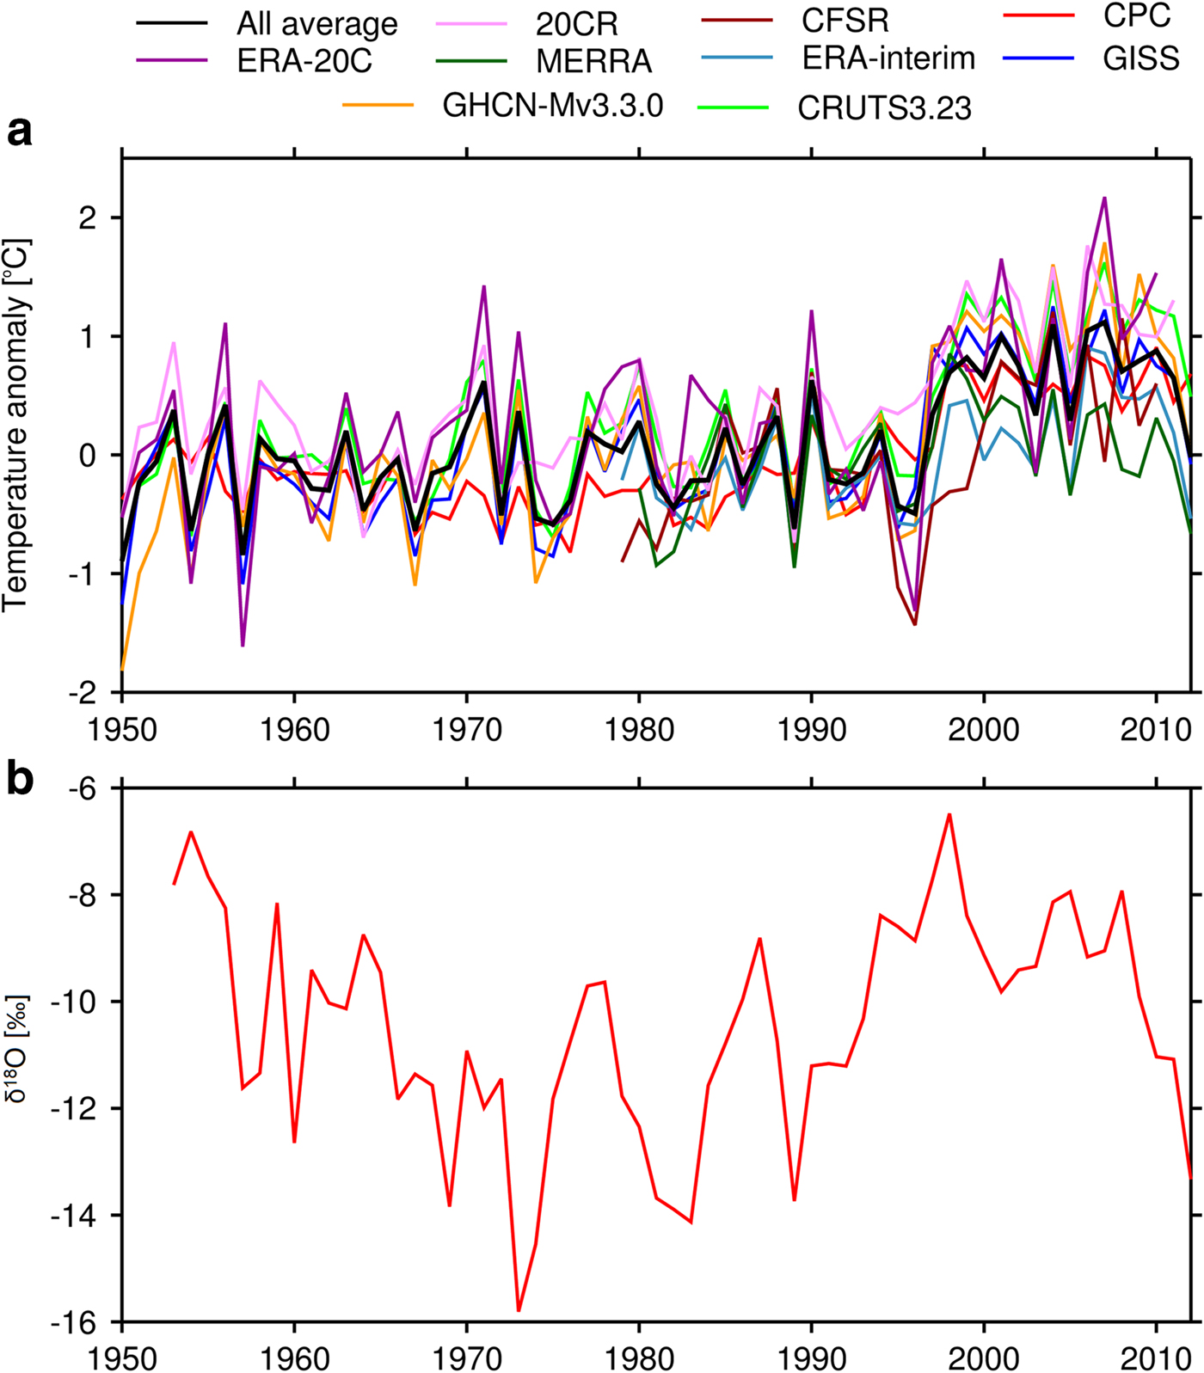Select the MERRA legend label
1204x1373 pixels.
pos(593,62)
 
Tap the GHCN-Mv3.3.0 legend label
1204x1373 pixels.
pos(553,106)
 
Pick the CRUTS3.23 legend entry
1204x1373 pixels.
pos(884,108)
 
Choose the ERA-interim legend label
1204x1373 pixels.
pos(888,58)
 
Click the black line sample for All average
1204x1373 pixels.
pos(171,23)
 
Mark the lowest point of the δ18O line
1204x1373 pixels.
pos(519,1311)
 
